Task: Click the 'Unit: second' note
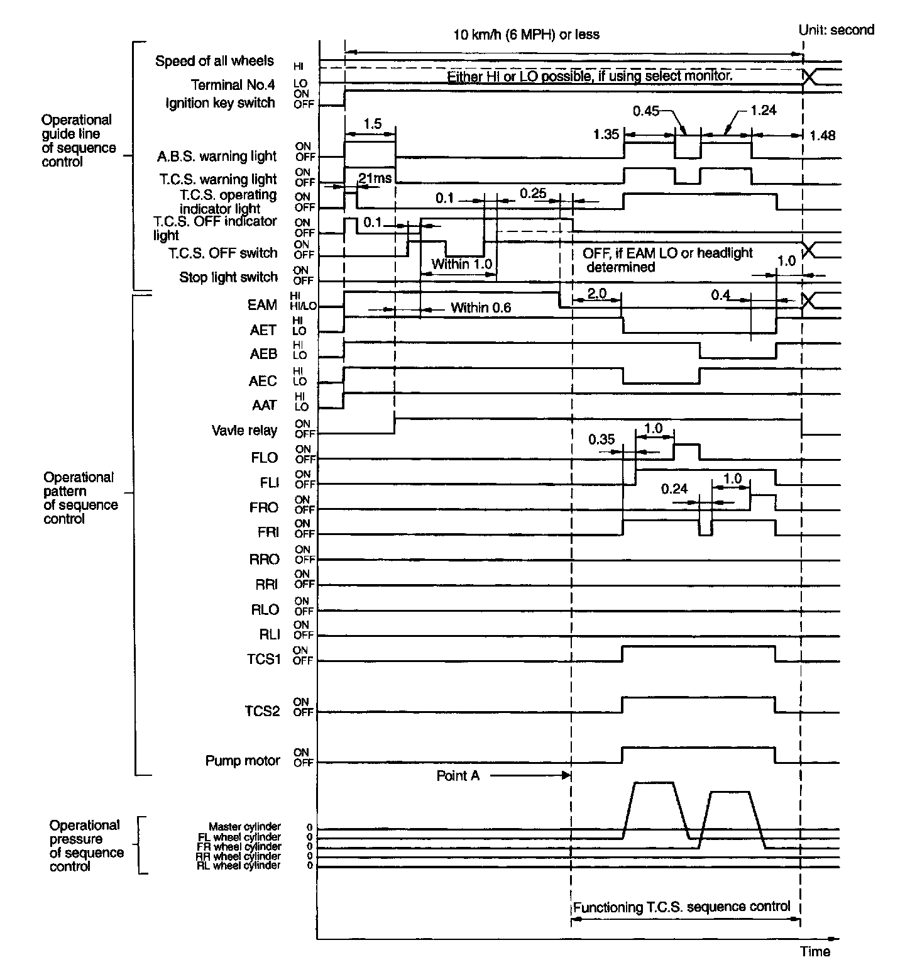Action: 835,30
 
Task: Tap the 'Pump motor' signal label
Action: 242,761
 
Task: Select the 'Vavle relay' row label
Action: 244,431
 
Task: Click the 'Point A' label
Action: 458,776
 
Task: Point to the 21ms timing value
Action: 375,178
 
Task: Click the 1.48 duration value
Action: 823,135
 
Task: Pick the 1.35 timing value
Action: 606,134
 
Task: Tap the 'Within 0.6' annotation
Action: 481,308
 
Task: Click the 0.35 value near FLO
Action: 601,439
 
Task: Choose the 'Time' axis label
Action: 815,951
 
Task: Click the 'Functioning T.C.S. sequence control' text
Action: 681,907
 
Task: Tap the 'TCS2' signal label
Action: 263,711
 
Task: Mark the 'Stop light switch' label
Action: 228,277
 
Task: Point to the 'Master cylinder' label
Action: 244,827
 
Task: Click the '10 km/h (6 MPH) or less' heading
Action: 526,35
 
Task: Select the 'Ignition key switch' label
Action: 220,103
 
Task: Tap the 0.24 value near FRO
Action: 674,489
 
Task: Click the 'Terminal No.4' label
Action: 233,85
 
